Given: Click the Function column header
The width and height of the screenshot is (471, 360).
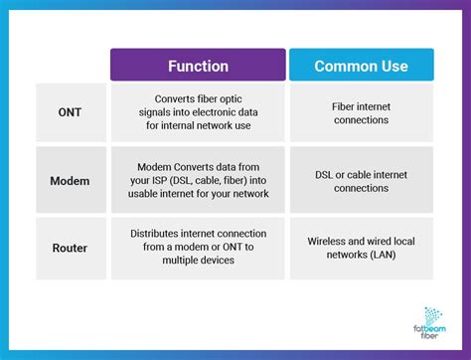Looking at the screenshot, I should [198, 66].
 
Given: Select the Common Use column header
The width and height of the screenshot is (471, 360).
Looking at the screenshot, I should [361, 66].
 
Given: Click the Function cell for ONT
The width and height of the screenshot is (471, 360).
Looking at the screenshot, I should [198, 112].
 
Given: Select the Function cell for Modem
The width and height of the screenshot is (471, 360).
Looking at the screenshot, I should [198, 181].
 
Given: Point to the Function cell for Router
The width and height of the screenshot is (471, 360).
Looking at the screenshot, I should [198, 247].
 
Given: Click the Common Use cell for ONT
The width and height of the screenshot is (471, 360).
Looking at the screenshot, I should [361, 112].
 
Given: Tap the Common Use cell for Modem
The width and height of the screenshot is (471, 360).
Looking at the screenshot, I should [361, 181].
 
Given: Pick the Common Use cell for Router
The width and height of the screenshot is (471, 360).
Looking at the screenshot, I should [361, 247].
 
